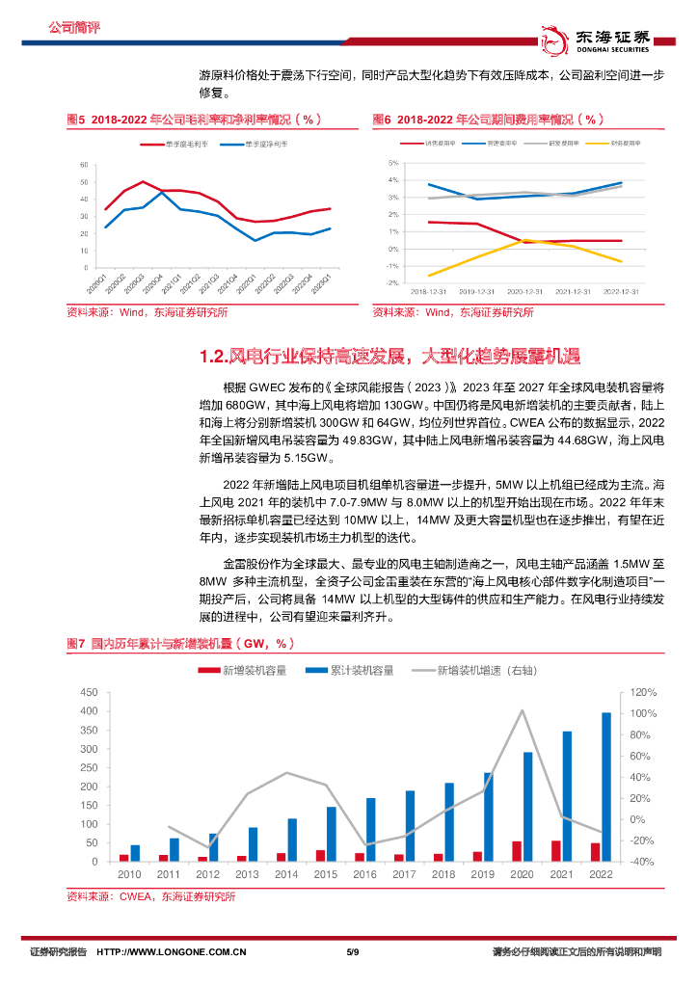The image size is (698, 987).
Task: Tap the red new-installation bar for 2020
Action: [x=517, y=851]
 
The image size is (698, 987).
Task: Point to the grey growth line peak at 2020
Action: [x=522, y=710]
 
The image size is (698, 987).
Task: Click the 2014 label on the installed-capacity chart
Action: [x=286, y=874]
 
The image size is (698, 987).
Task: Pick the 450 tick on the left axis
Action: [x=89, y=693]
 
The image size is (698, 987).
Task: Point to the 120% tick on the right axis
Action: [x=618, y=693]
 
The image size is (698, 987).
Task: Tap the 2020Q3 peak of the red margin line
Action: [x=144, y=182]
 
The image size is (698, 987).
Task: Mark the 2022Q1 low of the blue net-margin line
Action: [x=255, y=240]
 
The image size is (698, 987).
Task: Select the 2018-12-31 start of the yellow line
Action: [x=428, y=276]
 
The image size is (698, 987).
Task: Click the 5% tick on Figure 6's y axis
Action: [x=393, y=165]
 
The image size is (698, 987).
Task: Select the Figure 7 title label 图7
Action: [x=76, y=644]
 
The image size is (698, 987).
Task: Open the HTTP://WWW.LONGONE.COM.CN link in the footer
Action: [x=172, y=952]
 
